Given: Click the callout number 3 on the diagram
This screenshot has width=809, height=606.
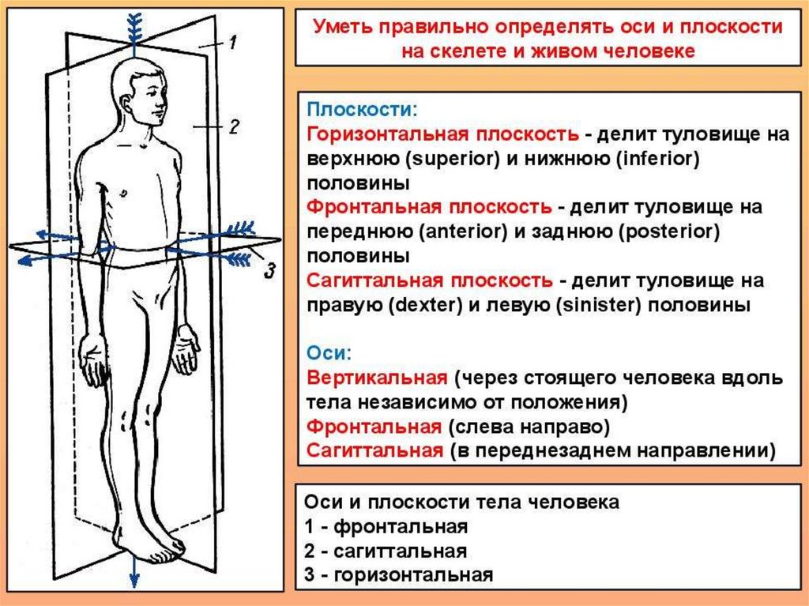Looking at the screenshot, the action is pyautogui.click(x=269, y=272).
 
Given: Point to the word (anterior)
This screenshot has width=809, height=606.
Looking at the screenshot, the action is pyautogui.click(x=464, y=231).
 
